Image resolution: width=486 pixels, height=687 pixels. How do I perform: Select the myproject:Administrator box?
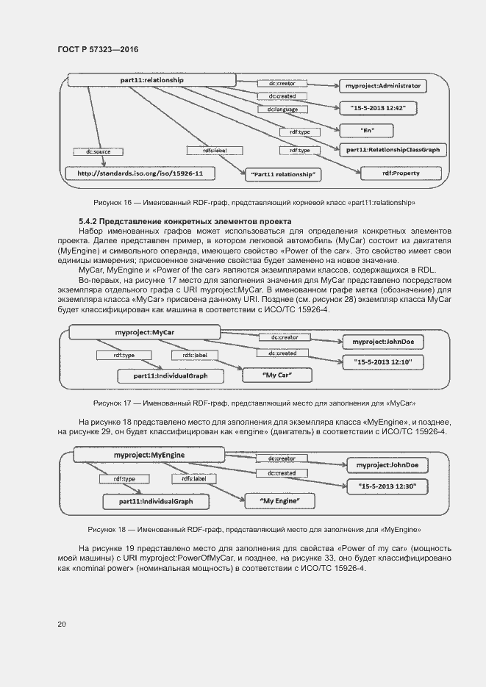click(382, 86)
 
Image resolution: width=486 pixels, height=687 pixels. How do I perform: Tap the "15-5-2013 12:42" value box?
click(378, 108)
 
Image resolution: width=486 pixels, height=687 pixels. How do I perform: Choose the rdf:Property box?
click(401, 173)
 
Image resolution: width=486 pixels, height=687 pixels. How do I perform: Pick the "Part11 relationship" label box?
click(282, 174)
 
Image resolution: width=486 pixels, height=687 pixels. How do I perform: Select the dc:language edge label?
click(282, 110)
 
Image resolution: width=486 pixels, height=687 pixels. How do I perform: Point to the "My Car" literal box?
click(277, 375)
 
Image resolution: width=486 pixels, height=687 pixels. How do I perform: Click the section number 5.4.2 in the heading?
click(88, 221)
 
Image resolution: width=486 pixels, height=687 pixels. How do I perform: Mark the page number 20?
click(62, 625)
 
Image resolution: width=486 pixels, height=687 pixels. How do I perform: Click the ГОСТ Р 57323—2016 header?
click(97, 49)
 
